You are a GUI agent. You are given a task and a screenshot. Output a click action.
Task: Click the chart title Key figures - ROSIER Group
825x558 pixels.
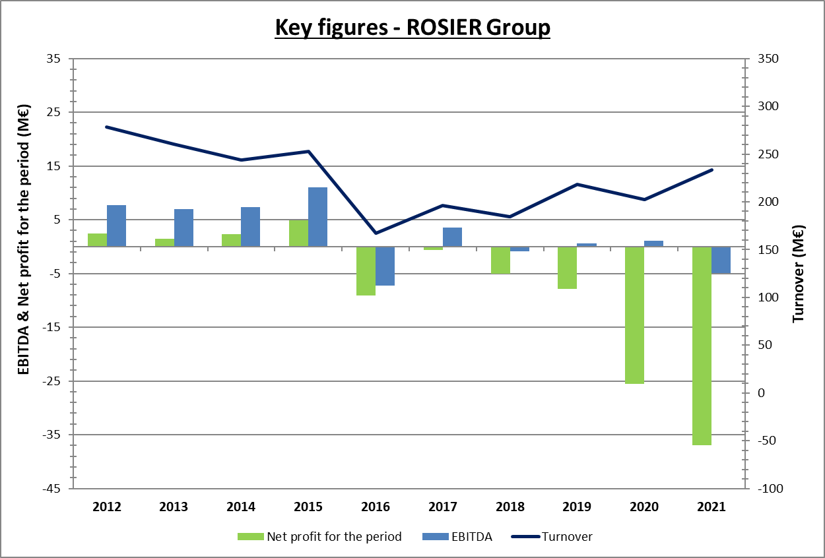click(412, 28)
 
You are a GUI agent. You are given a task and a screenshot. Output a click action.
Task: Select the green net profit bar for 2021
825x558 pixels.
click(702, 346)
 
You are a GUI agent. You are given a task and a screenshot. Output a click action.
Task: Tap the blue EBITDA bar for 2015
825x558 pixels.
click(317, 217)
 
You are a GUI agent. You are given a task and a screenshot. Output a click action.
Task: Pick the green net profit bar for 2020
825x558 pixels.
click(634, 315)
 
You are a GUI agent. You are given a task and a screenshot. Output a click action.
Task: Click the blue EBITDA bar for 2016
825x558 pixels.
click(385, 266)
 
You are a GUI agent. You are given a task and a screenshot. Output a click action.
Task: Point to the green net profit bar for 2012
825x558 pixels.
click(97, 240)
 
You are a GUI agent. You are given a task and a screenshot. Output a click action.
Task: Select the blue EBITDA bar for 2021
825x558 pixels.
click(721, 260)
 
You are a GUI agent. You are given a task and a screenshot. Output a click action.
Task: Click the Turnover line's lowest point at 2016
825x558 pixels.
click(376, 233)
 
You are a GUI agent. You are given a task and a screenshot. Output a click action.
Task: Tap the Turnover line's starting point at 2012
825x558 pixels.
click(107, 127)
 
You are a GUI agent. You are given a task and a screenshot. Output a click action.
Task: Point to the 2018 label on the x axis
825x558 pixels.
click(510, 507)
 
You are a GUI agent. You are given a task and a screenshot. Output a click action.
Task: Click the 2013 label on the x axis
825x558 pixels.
click(174, 507)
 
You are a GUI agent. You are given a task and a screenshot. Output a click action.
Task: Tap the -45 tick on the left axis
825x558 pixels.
click(51, 489)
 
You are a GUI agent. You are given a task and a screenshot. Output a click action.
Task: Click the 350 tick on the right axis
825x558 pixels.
click(768, 59)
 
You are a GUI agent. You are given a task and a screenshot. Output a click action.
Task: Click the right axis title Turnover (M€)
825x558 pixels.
click(799, 274)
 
